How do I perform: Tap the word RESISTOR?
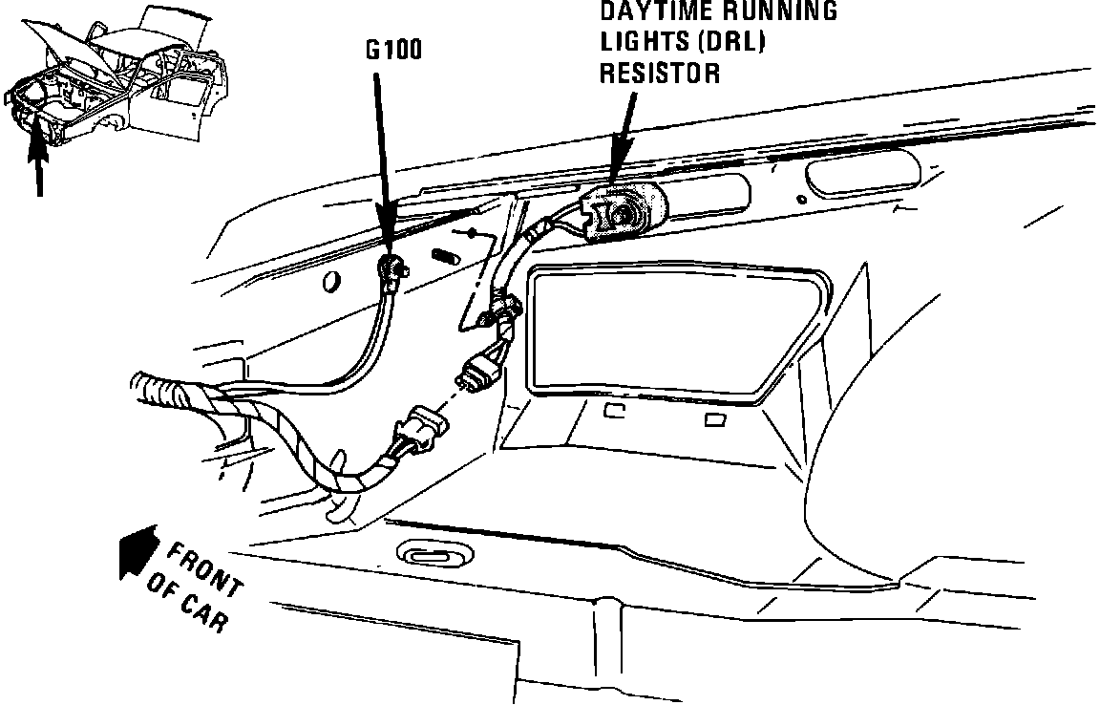pyautogui.click(x=660, y=73)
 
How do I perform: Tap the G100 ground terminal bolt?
pyautogui.click(x=391, y=267)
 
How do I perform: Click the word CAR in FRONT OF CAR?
pyautogui.click(x=204, y=612)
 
